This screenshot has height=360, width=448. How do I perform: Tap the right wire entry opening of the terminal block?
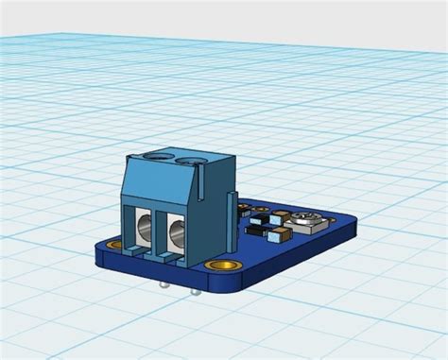[x=176, y=236]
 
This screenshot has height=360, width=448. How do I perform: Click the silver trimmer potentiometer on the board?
[x=308, y=224]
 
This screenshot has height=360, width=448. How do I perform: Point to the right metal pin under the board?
[x=196, y=290]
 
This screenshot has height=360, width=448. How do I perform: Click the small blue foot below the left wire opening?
[x=142, y=253]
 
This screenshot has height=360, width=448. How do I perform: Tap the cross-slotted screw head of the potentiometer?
[x=308, y=220]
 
